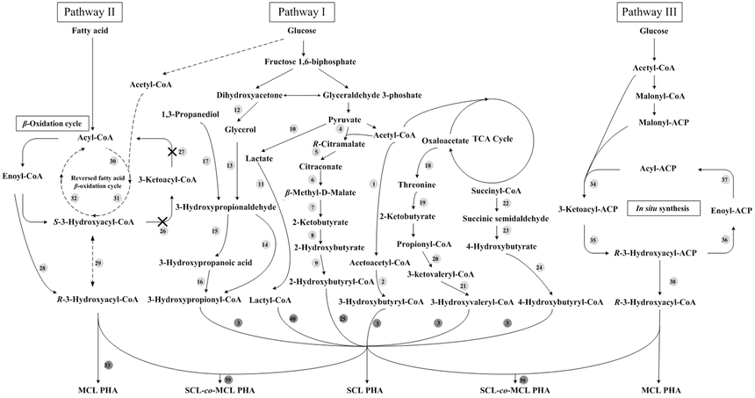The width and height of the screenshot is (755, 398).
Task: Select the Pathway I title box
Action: [302, 12]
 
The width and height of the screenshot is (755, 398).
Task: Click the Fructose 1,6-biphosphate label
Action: [302, 62]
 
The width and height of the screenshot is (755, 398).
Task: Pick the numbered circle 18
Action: [428, 166]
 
